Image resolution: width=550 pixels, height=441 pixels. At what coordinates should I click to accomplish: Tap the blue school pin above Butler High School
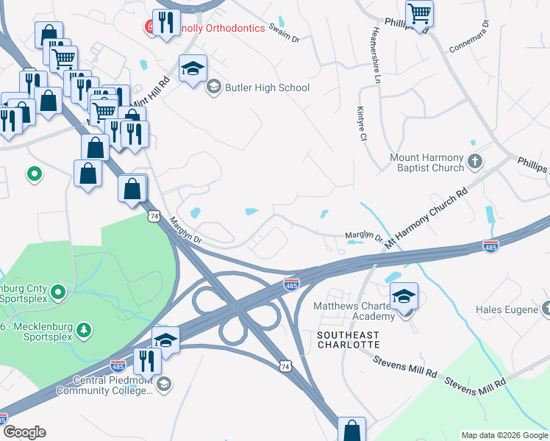pos(193,70)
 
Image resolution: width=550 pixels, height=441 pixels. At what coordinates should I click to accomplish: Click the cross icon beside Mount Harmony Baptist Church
pos(475,160)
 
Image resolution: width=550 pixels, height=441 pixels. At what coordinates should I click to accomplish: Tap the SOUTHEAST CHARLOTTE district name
pos(349,340)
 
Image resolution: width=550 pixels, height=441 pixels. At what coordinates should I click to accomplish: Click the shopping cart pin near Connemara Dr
pos(419,12)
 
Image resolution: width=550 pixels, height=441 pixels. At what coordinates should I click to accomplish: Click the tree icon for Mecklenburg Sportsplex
pos(85,328)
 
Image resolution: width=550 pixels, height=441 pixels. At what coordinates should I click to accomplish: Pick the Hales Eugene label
pos(507,310)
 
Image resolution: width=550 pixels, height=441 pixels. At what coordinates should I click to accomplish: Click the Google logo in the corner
pos(24,432)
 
